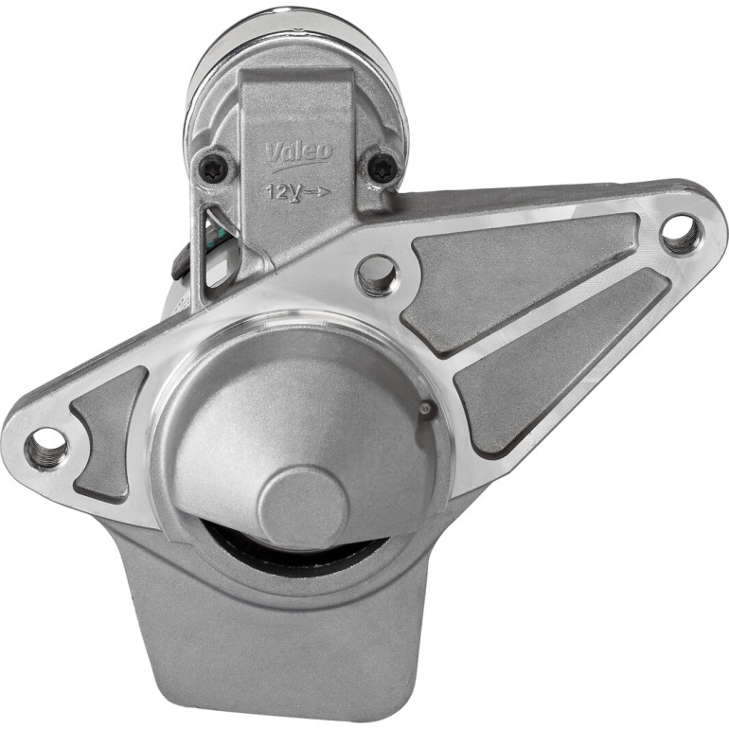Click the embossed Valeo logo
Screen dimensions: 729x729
tap(298, 153)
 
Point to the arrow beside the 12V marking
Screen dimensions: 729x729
tap(318, 191)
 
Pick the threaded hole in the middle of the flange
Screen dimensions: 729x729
tap(377, 276)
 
